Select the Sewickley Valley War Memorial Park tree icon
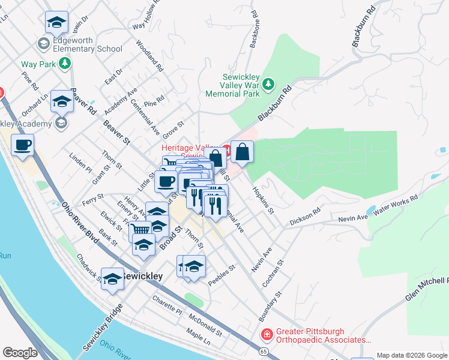click(x=270, y=84)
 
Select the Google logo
click(x=20, y=353)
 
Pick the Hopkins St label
click(x=263, y=200)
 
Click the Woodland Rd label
click(x=150, y=56)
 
